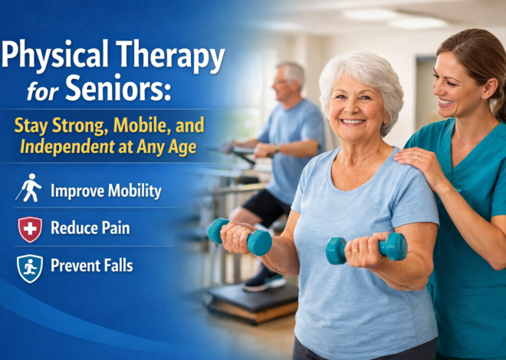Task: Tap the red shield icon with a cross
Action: [x=29, y=228]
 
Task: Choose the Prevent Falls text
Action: [x=92, y=266]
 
